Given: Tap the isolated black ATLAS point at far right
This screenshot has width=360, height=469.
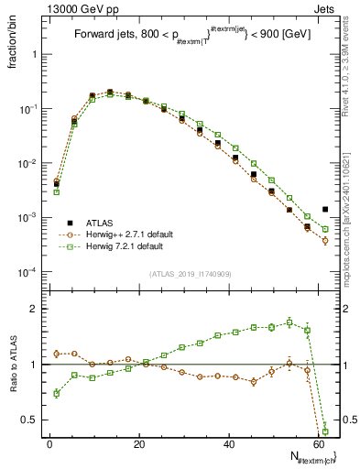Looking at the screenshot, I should (x=325, y=209).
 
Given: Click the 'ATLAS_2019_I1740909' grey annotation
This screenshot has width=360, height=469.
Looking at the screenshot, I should (x=191, y=274).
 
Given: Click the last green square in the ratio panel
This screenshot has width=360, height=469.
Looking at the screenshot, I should (x=325, y=431).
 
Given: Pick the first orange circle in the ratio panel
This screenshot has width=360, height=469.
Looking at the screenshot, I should (x=57, y=354).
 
